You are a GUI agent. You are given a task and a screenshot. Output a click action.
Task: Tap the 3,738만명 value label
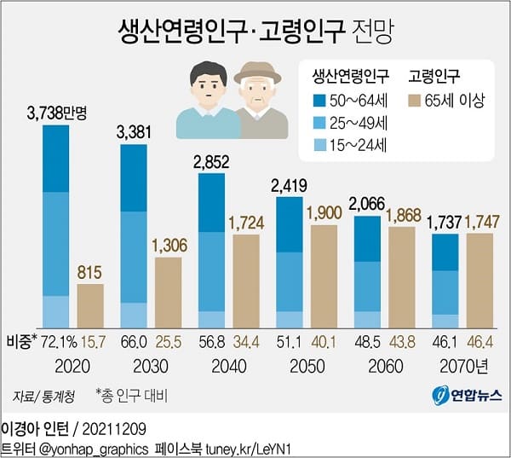pyautogui.click(x=63, y=113)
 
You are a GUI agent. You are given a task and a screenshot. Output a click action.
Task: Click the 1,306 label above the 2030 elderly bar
pyautogui.click(x=168, y=246)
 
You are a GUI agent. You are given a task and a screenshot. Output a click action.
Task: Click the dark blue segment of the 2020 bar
pyautogui.click(x=55, y=159)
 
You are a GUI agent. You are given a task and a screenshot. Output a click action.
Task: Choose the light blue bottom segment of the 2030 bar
pyautogui.click(x=133, y=314)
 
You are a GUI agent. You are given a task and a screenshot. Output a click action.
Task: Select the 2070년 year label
pyautogui.click(x=464, y=364)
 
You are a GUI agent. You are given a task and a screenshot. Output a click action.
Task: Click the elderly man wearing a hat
pyautogui.click(x=260, y=98)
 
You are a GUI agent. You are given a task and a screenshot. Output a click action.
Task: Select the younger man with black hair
pyautogui.click(x=208, y=98)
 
